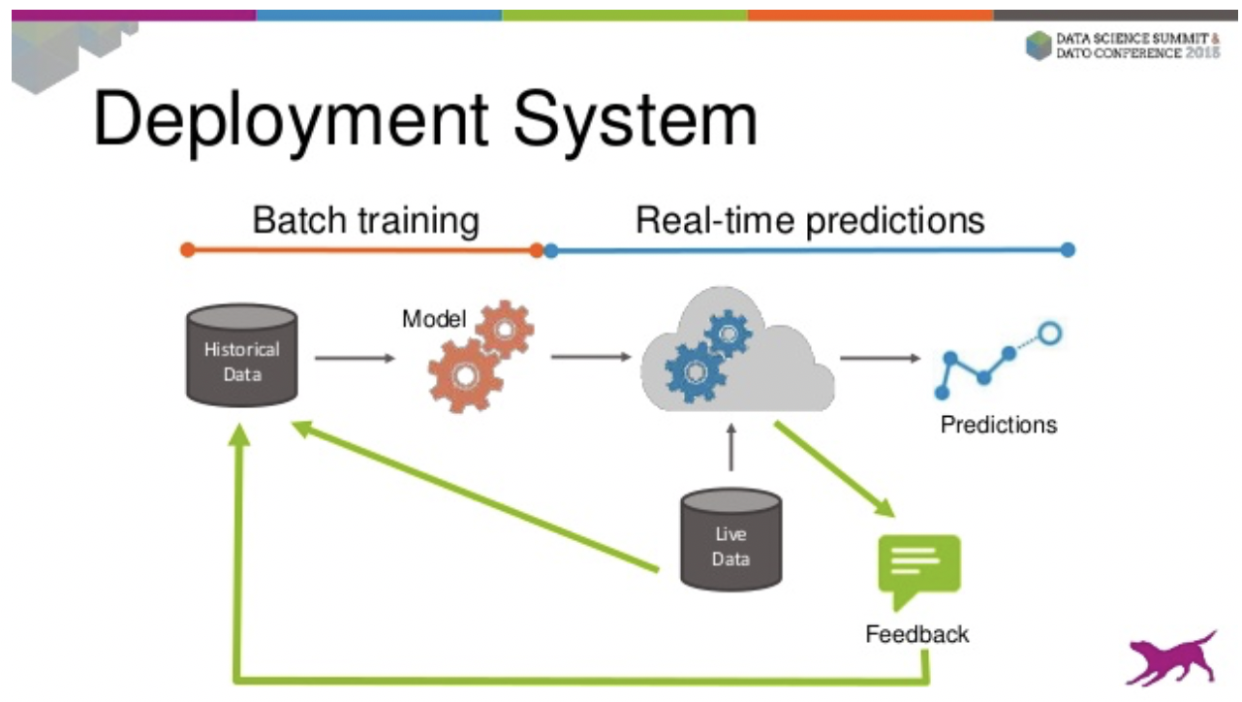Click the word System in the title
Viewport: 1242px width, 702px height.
coord(635,120)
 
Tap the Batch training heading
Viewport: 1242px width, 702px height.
coord(365,220)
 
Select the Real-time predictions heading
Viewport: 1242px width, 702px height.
coord(809,220)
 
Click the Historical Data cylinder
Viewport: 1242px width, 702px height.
coord(241,355)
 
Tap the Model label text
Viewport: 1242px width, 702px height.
coord(433,319)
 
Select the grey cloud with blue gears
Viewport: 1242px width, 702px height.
coord(736,354)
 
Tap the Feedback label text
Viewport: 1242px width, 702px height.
coord(916,634)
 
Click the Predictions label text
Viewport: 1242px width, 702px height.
coord(998,425)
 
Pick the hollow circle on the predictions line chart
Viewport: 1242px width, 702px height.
coord(1049,335)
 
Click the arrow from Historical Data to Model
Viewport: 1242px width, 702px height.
coord(355,358)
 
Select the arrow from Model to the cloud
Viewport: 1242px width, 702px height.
coord(591,357)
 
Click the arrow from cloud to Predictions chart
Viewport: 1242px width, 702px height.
coord(880,358)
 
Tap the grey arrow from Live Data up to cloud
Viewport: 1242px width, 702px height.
coord(731,447)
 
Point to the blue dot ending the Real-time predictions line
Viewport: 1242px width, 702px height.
coord(1068,250)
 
